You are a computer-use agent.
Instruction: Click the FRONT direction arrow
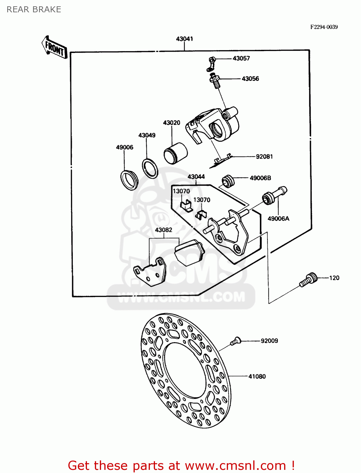coord(54,47)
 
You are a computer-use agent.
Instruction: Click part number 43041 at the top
coord(184,39)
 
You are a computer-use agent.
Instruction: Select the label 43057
coord(241,58)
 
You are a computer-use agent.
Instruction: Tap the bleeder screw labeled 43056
coord(215,80)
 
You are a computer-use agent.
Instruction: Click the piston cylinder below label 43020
coord(175,153)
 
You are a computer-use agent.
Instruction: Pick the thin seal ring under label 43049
coord(150,168)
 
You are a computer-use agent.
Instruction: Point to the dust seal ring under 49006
coord(129,180)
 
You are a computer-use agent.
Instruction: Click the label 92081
coord(264,156)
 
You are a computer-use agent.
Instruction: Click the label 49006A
coord(278,219)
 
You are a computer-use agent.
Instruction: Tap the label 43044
coord(196,177)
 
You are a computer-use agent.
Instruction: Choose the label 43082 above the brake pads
coord(163,230)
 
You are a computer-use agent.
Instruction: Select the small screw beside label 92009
coord(235,341)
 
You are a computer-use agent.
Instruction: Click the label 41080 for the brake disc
coord(257,376)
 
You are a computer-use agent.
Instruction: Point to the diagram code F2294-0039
coord(324,27)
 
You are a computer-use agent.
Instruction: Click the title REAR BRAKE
coord(34,9)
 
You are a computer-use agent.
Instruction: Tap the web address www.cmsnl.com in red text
coord(235,465)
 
